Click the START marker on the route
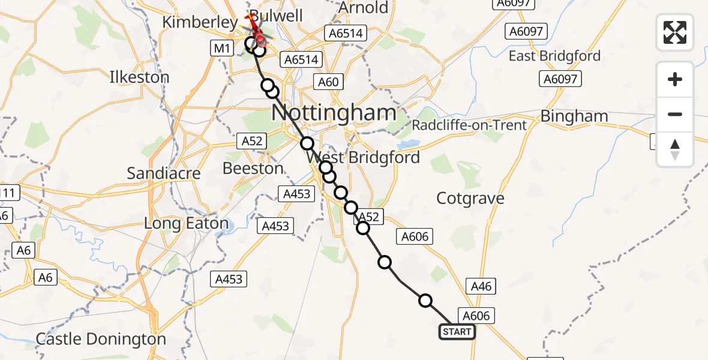(x=457, y=331)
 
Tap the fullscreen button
(x=675, y=32)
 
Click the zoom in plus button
(x=675, y=79)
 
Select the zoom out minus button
(x=675, y=114)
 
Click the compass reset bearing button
(x=675, y=149)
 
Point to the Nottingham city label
(x=334, y=112)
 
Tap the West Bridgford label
(x=362, y=158)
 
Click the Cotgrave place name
(x=470, y=198)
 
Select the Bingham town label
(x=574, y=116)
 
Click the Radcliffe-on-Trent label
(x=469, y=125)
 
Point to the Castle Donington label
(x=101, y=339)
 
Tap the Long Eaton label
(x=187, y=224)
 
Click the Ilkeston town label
(x=139, y=77)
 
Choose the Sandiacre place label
(x=163, y=174)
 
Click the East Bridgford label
(x=554, y=56)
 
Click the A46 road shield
(x=481, y=286)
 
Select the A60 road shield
(x=328, y=82)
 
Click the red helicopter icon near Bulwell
(x=256, y=33)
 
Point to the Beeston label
(x=253, y=169)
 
